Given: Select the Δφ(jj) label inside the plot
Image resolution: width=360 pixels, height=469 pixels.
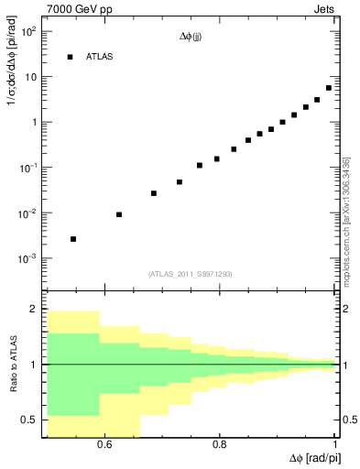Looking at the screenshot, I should click(x=191, y=38).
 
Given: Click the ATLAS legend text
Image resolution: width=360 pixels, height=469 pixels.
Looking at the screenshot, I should click(x=100, y=57).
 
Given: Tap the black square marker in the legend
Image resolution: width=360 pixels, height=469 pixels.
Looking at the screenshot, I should click(x=70, y=57).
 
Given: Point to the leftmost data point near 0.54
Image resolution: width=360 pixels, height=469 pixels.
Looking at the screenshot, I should click(x=73, y=239).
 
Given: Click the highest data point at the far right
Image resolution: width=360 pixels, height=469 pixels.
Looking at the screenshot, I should click(x=329, y=88).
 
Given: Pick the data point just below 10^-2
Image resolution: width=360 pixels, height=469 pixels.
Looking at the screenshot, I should click(x=119, y=214).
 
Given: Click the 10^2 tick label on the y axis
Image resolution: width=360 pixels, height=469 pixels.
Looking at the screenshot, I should click(x=28, y=31).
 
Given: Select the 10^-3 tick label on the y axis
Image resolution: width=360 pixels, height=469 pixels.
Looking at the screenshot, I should click(x=27, y=259).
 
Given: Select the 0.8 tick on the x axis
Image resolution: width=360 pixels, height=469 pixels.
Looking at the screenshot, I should click(x=220, y=446).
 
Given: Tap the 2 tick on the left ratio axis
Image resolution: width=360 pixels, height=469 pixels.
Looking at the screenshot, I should click(x=34, y=310).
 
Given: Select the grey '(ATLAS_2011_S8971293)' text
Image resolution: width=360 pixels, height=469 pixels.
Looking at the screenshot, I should click(x=190, y=274).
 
